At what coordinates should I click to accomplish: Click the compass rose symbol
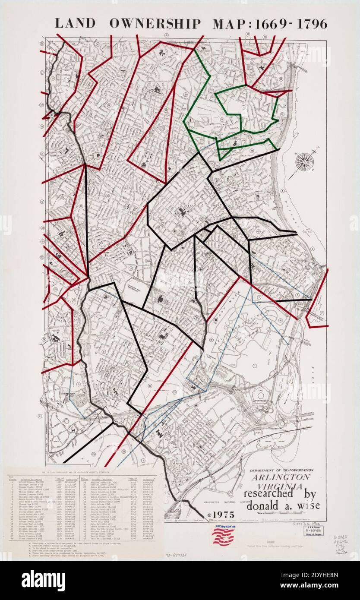pyautogui.click(x=305, y=161)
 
